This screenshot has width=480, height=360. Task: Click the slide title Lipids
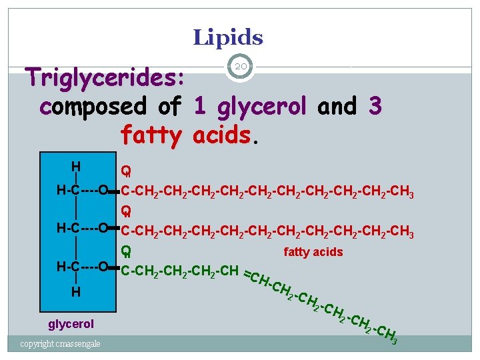coord(228,37)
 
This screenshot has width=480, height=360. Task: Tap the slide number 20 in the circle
coord(241,66)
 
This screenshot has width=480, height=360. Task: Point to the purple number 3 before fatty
coord(375,106)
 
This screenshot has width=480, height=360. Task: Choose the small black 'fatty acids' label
coord(313,252)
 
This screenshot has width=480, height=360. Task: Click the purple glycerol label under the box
coord(71,325)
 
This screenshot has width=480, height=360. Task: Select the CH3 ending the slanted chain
coord(387,334)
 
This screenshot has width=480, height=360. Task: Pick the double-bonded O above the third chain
coord(125,251)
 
